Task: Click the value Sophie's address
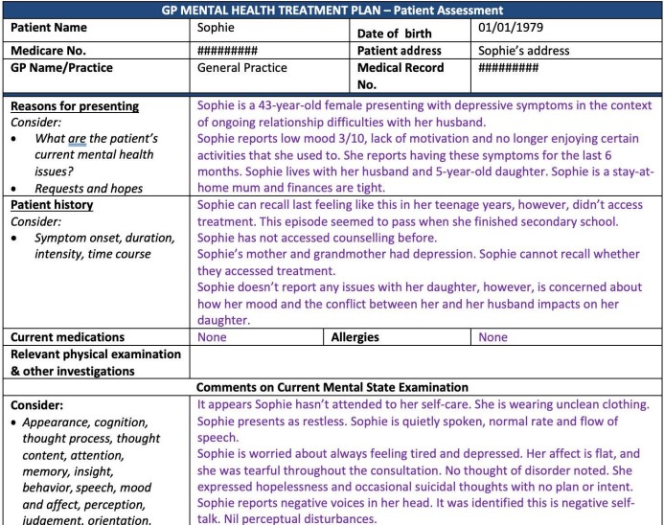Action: point(524,50)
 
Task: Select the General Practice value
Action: point(242,68)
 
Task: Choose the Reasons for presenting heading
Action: point(75,106)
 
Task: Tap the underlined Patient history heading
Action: point(52,205)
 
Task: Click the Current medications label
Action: point(67,337)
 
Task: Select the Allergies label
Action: point(355,337)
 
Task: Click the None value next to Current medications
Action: point(212,337)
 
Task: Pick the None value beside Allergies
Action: point(492,337)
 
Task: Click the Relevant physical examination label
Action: point(96,354)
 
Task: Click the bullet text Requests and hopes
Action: point(88,188)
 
